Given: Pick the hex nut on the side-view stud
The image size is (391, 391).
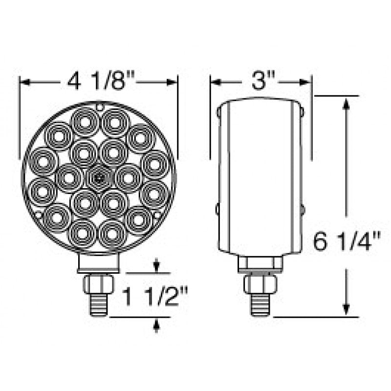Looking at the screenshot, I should (x=260, y=283).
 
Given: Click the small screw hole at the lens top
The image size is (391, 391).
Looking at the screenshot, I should (x=99, y=106).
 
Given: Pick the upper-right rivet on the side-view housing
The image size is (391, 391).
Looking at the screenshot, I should (x=302, y=112).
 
